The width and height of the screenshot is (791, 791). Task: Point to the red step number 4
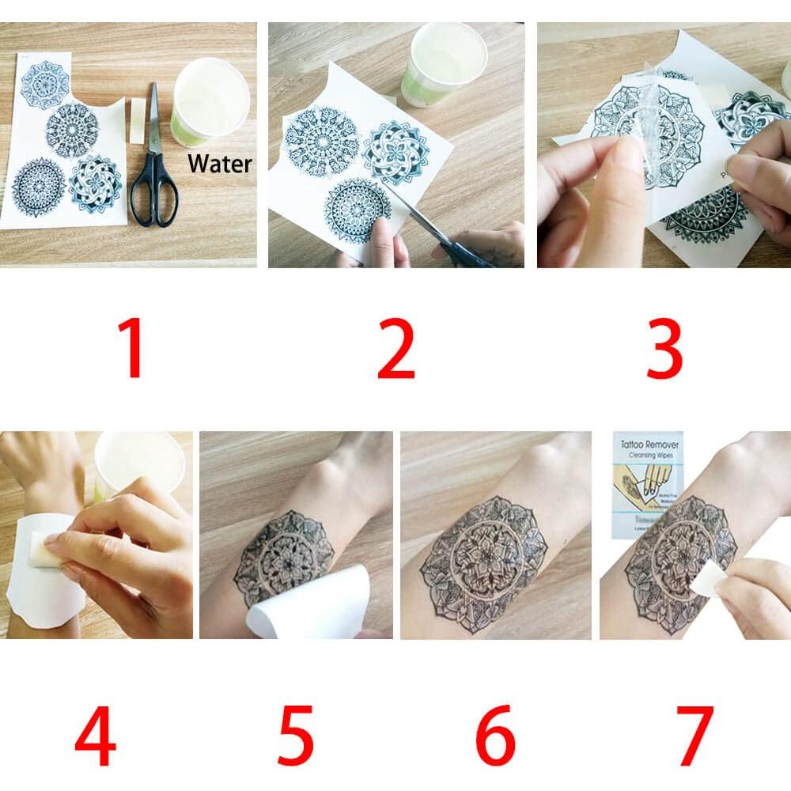coord(95,740)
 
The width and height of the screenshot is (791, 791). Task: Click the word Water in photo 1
coord(219,165)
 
